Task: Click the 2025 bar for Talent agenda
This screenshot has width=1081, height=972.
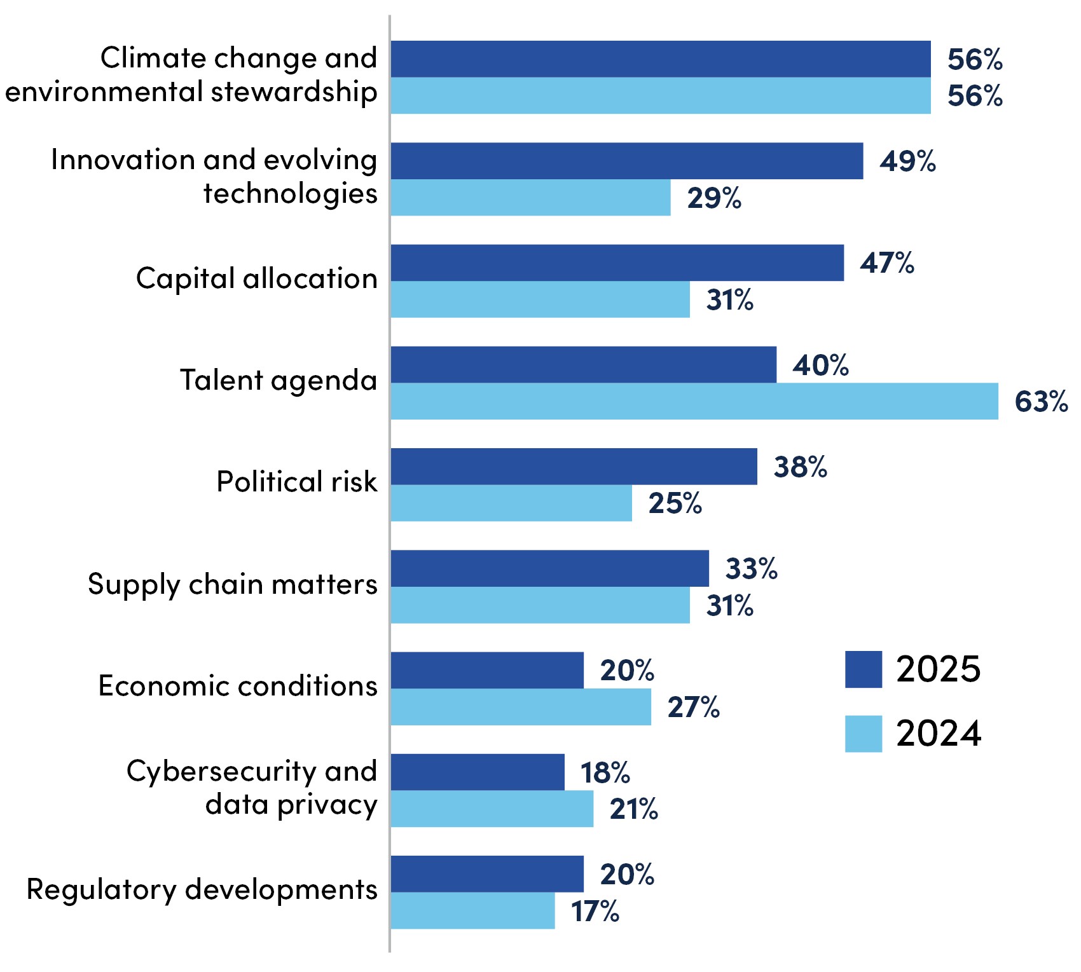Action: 583,365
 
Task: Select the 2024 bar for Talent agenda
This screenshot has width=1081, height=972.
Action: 694,401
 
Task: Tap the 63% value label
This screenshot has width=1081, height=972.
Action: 1041,402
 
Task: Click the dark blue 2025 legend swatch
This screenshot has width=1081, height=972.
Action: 863,669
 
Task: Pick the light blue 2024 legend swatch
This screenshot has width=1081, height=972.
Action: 863,734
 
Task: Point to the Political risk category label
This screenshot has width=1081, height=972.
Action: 296,482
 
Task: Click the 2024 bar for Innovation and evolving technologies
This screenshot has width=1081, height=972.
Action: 530,198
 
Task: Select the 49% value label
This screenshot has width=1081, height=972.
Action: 907,161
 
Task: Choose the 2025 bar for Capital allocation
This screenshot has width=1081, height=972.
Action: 617,263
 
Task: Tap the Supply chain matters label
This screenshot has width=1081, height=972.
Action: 233,584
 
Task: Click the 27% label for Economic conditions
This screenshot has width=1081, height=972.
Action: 693,708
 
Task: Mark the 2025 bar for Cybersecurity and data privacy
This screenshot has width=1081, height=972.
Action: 478,772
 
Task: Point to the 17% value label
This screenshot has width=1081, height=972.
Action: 595,912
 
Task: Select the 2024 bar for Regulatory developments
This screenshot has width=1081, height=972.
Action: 472,911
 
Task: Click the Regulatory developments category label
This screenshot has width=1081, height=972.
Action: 202,889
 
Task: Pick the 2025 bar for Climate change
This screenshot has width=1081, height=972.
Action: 661,59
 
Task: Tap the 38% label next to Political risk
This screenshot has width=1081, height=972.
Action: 800,467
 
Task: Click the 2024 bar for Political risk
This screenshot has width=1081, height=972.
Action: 511,503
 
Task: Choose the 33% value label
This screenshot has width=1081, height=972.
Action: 751,569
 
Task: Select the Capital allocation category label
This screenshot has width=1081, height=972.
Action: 257,278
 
